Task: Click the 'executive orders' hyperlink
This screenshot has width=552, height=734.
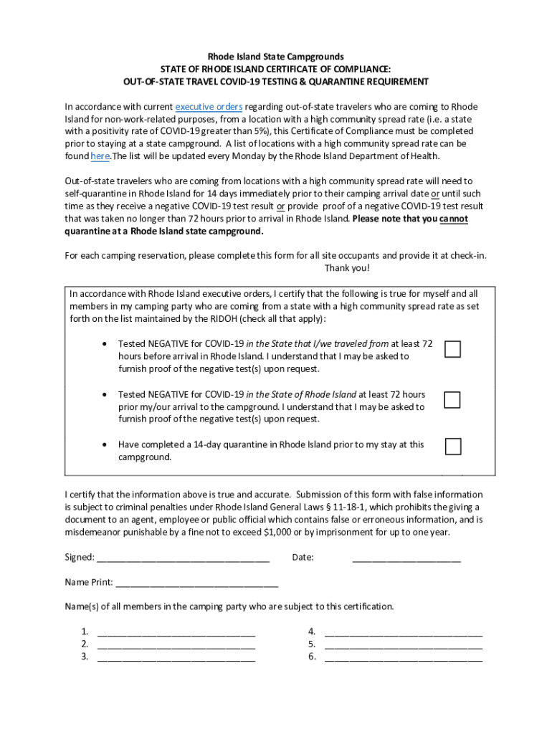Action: pos(209,107)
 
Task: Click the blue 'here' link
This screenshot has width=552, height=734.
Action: pos(100,156)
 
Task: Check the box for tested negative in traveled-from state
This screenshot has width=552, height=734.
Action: pos(452,349)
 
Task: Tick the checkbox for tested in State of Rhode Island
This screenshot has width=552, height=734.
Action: pos(452,399)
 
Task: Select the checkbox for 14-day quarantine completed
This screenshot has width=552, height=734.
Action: pos(452,447)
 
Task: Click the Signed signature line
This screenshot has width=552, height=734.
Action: pos(183,557)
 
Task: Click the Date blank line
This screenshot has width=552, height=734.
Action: pos(406,557)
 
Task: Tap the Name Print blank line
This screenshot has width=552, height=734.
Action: pos(196,582)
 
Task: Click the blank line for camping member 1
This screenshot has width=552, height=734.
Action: pos(176,631)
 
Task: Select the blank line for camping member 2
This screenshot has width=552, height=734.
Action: pos(176,644)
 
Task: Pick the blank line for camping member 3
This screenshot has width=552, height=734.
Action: pos(176,657)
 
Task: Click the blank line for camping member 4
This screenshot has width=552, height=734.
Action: pos(404,631)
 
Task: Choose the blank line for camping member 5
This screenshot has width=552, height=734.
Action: pos(404,644)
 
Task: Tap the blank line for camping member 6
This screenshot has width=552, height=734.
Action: pos(404,657)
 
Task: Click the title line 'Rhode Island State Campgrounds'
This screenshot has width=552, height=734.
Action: pos(275,56)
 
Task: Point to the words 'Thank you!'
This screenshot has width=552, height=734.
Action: pos(347,267)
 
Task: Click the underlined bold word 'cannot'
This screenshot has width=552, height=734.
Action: pos(454,219)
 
